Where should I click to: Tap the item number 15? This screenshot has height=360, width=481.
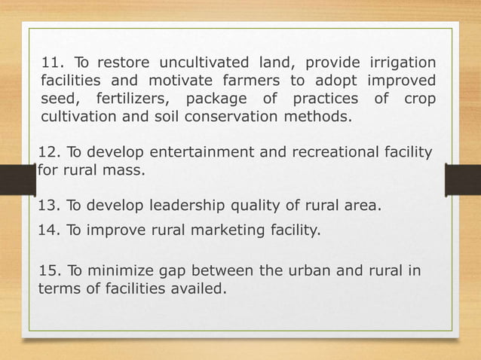click(49, 271)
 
